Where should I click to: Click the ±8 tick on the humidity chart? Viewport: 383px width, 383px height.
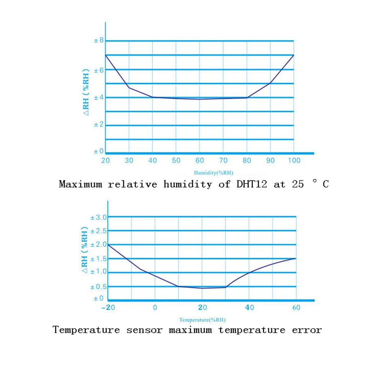pyautogui.click(x=99, y=40)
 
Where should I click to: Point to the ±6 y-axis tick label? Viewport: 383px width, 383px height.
pyautogui.click(x=99, y=70)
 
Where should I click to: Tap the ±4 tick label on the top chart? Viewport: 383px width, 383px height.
pyautogui.click(x=99, y=97)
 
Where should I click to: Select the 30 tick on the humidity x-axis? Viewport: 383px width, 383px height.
pyautogui.click(x=129, y=160)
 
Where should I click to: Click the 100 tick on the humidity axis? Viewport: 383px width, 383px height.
pyautogui.click(x=294, y=160)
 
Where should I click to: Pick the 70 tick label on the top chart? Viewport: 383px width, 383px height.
pyautogui.click(x=223, y=160)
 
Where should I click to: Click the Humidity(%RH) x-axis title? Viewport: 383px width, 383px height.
pyautogui.click(x=213, y=172)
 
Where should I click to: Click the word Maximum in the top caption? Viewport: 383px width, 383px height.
pyautogui.click(x=80, y=184)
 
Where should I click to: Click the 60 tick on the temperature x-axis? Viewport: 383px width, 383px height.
pyautogui.click(x=296, y=308)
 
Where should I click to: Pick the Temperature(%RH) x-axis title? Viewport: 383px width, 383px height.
pyautogui.click(x=202, y=319)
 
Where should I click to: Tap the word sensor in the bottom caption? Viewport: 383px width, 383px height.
pyautogui.click(x=144, y=330)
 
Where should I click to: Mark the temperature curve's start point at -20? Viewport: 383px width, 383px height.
pyautogui.click(x=108, y=244)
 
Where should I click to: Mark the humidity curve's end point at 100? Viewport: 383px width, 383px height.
pyautogui.click(x=294, y=55)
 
